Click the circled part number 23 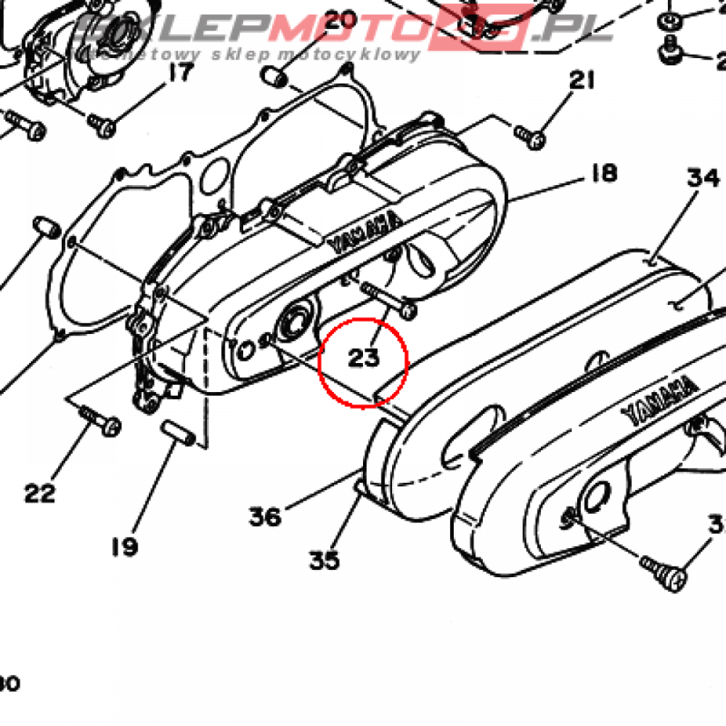point(364,357)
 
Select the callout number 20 point(340,20)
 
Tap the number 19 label point(125,547)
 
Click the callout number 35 point(324,561)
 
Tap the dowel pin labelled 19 point(177,432)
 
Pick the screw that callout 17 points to point(102,126)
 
